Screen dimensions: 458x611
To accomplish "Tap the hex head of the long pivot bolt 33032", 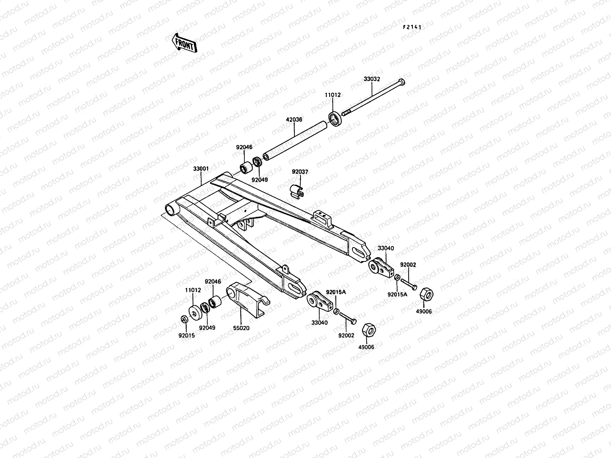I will coord(401,82).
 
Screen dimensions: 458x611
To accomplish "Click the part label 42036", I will coord(294,119).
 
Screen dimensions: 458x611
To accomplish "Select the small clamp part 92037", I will coord(297,191).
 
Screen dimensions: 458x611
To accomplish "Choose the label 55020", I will coord(241,328).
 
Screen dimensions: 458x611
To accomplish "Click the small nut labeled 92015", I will coord(184,319).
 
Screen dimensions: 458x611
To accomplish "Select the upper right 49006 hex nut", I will coord(426,295).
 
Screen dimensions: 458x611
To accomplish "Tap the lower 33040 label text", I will coord(319,323).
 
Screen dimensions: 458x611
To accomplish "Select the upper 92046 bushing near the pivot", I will coord(247,167).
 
